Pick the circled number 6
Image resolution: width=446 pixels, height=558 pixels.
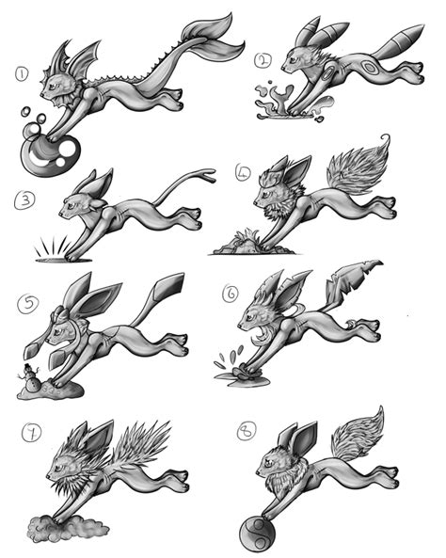tap(229, 293)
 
